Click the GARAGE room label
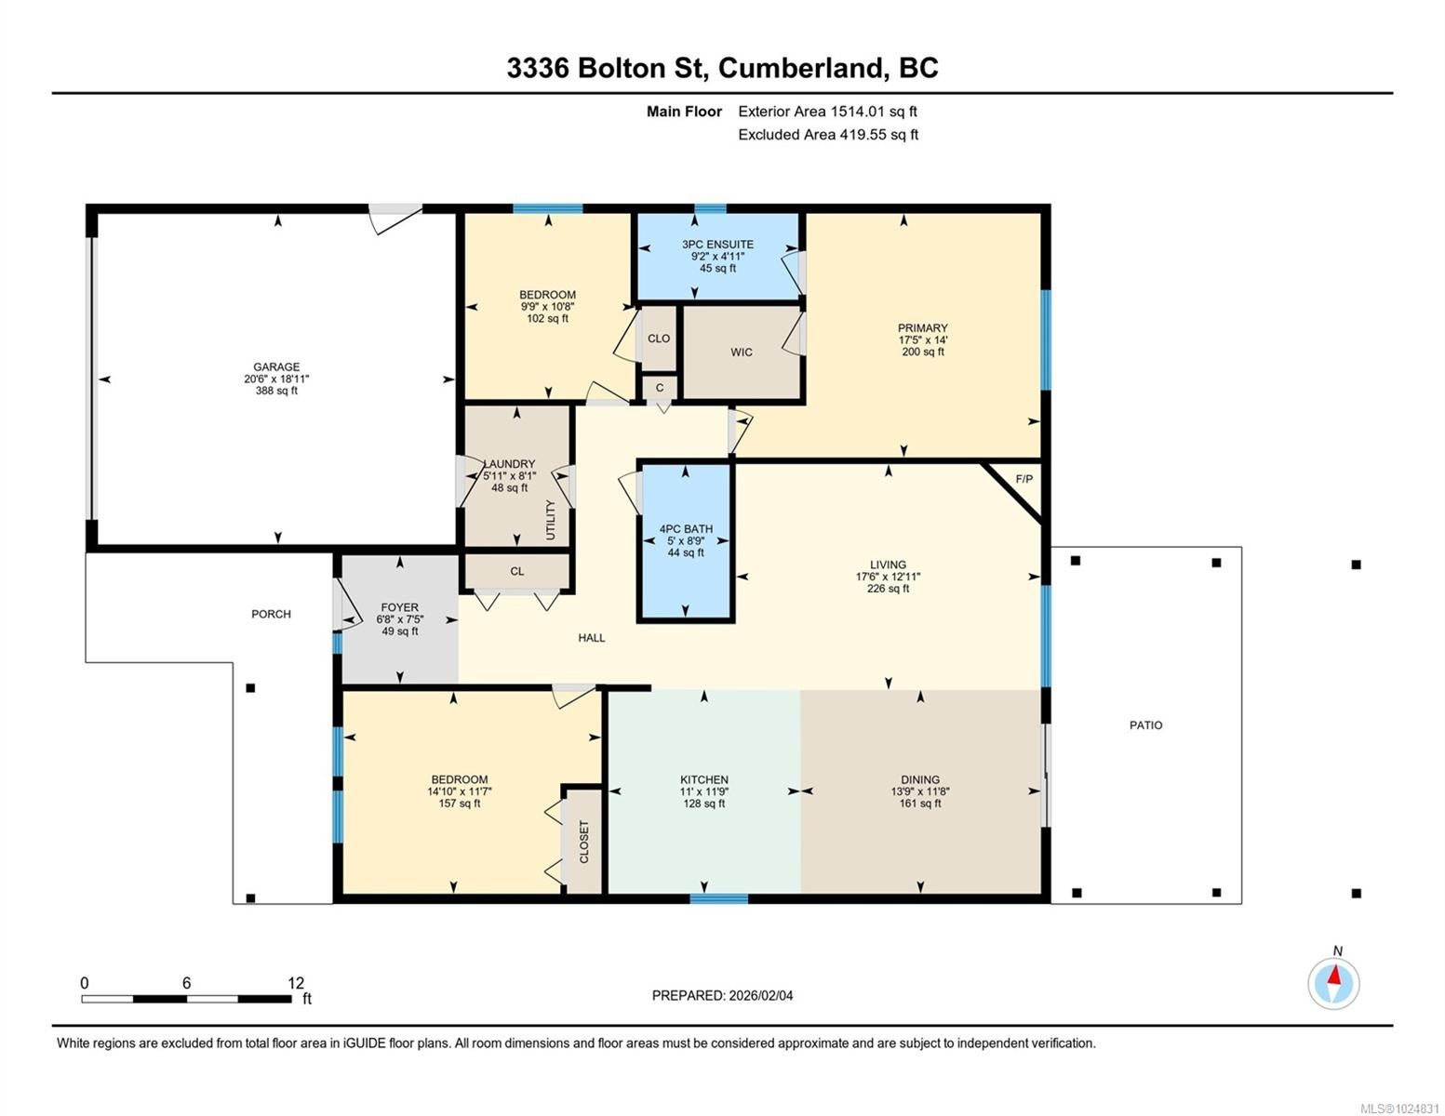point(276,367)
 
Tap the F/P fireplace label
point(1024,479)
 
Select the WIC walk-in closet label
point(741,352)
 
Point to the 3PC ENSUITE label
point(717,245)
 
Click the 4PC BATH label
point(686,529)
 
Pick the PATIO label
point(1145,725)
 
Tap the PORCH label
point(271,614)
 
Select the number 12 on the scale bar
point(296,983)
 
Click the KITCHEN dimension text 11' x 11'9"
point(703,791)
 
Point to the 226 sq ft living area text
point(888,589)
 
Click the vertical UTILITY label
point(550,520)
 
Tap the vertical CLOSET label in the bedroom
point(583,842)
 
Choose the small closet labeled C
point(660,388)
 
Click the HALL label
point(591,638)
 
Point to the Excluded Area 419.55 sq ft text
point(828,135)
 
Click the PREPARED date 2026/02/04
point(761,996)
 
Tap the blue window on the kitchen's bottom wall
point(718,899)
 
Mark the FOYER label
point(399,607)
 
